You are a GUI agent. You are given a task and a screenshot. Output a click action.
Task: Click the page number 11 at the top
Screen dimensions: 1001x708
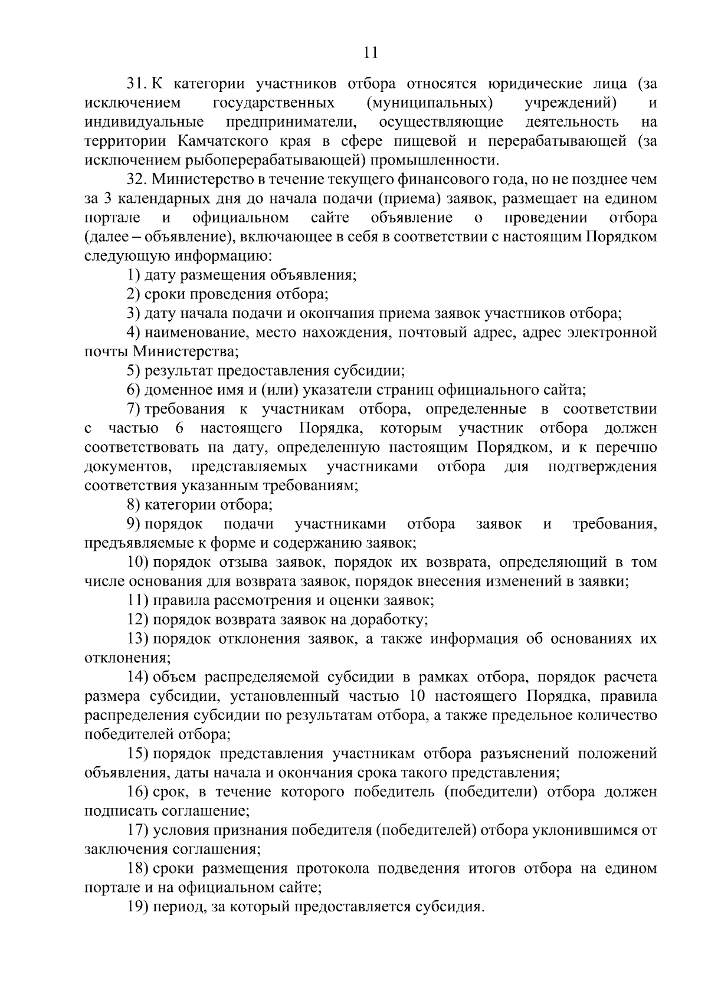click(x=371, y=52)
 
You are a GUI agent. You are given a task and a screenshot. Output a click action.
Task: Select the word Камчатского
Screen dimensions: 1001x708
click(x=219, y=141)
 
